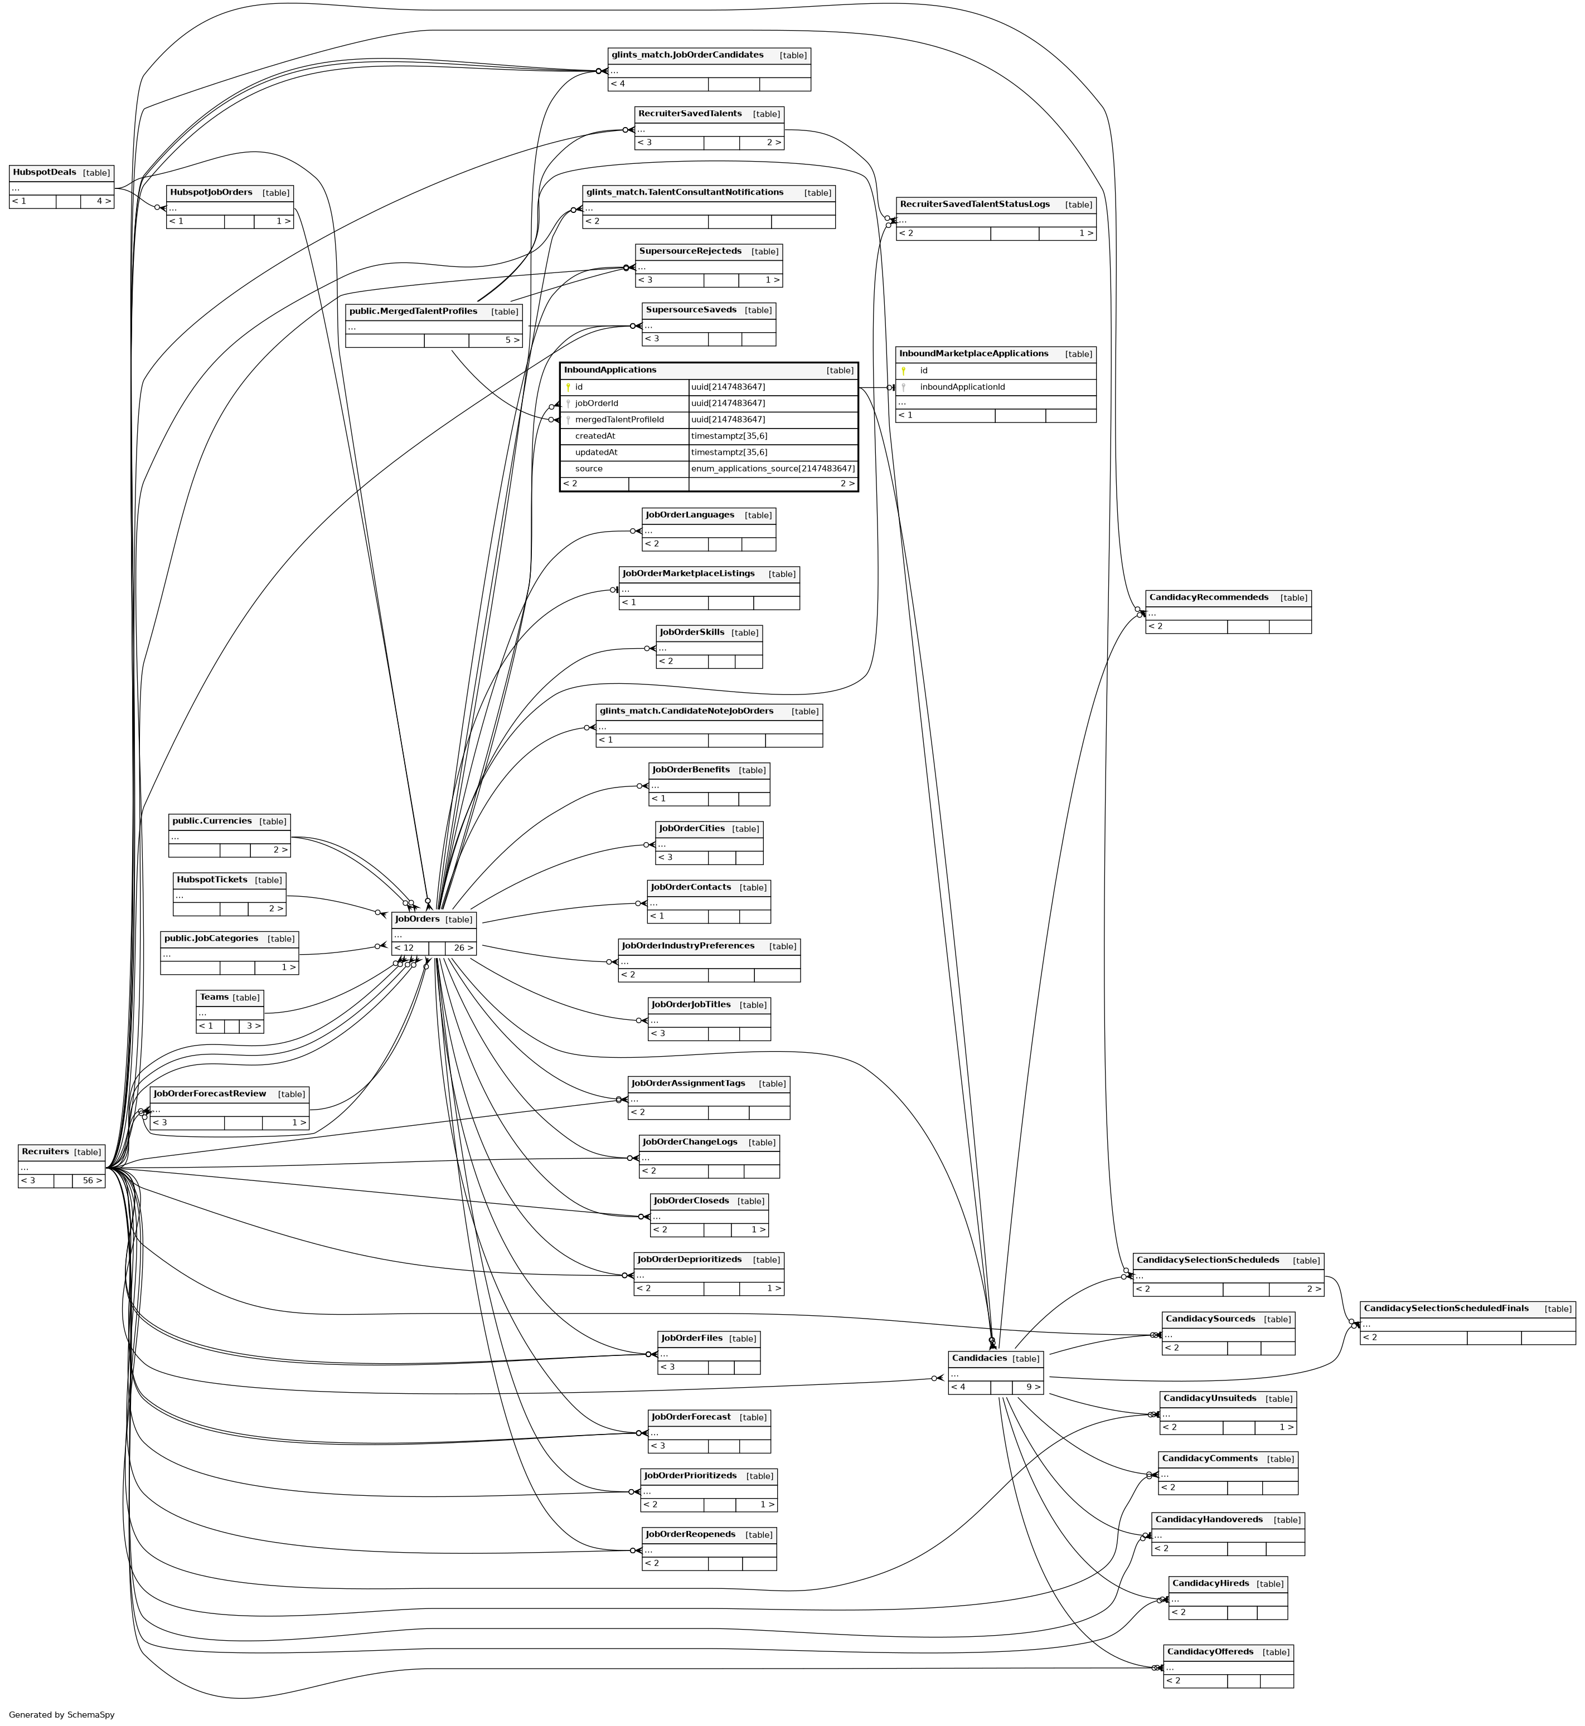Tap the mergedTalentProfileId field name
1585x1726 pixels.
tap(619, 419)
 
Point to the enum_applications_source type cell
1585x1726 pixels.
tap(773, 469)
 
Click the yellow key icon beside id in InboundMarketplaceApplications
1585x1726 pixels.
tap(903, 371)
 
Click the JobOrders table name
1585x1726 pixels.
tap(418, 919)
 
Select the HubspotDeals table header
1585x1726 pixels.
tap(45, 172)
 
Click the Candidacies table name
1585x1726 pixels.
tap(978, 1358)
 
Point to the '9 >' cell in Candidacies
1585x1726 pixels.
tap(1033, 1387)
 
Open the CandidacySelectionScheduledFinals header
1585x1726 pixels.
tap(1446, 1309)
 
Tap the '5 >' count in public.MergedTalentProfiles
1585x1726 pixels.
tap(512, 341)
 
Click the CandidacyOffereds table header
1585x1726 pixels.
tap(1209, 1651)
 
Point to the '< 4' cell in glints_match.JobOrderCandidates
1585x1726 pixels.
tap(618, 84)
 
